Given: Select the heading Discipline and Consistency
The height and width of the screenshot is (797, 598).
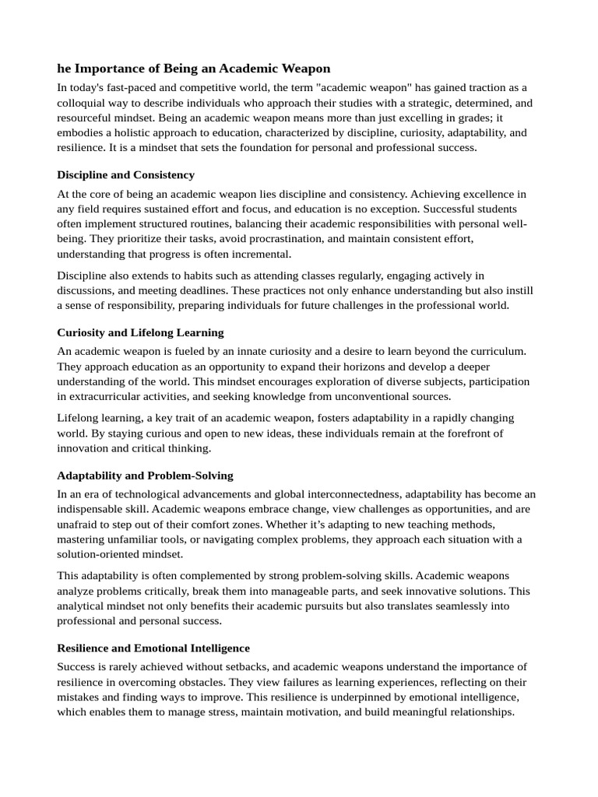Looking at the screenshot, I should click(x=125, y=174).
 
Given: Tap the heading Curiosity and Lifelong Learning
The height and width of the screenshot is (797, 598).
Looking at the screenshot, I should click(x=140, y=332).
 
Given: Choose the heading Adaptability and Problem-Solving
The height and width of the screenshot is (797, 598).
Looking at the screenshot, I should click(x=145, y=476).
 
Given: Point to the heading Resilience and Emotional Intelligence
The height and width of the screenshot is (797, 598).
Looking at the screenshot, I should click(x=153, y=648).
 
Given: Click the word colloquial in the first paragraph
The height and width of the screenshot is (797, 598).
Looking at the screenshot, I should click(x=83, y=102).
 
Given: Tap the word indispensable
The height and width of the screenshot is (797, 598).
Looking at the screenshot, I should click(x=95, y=509).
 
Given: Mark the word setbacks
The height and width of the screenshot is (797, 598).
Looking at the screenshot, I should click(x=234, y=666).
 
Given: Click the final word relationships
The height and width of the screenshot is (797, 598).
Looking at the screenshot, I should click(x=477, y=711).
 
